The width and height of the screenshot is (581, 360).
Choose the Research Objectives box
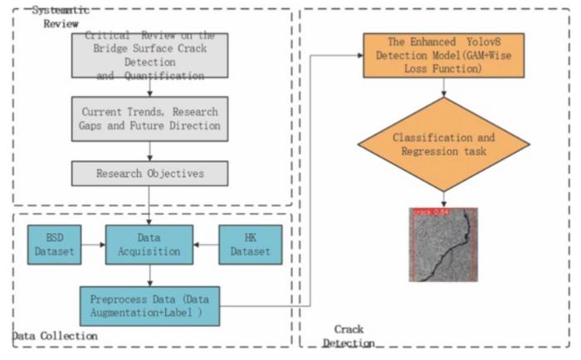tap(149, 173)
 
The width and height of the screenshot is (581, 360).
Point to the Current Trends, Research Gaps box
tap(149, 119)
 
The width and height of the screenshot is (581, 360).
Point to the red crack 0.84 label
tap(430, 212)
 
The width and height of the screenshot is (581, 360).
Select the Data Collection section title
tap(55, 336)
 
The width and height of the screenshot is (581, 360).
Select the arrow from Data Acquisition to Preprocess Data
tap(149, 273)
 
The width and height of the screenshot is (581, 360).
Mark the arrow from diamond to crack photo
tap(444, 199)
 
